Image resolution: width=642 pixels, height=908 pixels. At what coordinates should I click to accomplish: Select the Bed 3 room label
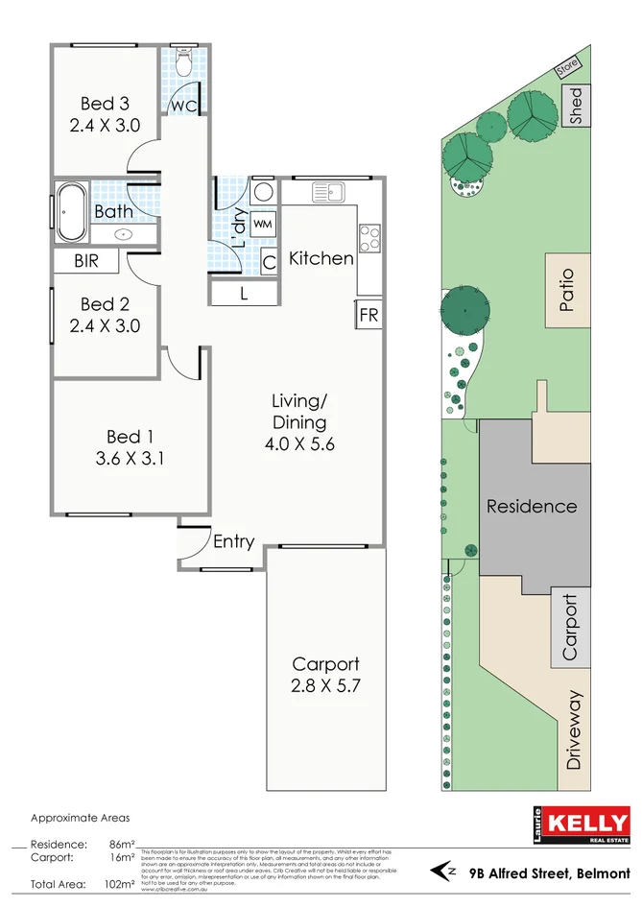pyautogui.click(x=105, y=104)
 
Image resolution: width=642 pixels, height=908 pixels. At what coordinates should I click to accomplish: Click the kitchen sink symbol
pyautogui.click(x=328, y=192)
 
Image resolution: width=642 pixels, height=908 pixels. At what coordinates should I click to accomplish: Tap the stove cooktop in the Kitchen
pyautogui.click(x=369, y=237)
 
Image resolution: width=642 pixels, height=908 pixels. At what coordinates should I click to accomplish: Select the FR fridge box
pyautogui.click(x=369, y=315)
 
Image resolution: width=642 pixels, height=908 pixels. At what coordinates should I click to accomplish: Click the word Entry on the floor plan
pyautogui.click(x=233, y=542)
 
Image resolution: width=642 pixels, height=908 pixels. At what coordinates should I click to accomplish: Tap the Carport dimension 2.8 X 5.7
pyautogui.click(x=325, y=685)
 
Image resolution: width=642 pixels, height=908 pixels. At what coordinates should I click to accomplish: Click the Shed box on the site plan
pyautogui.click(x=576, y=106)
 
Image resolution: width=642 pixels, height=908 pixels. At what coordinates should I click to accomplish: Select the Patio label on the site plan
pyautogui.click(x=567, y=295)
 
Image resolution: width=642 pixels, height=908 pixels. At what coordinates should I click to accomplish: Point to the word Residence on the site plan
pyautogui.click(x=531, y=506)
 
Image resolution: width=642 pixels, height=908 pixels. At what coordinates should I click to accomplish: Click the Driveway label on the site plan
pyautogui.click(x=574, y=730)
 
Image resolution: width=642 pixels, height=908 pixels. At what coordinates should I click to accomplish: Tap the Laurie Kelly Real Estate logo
pyautogui.click(x=582, y=827)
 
